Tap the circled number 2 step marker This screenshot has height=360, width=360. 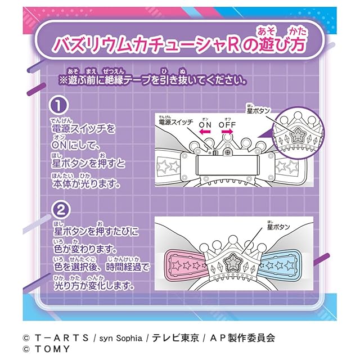(58, 210)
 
